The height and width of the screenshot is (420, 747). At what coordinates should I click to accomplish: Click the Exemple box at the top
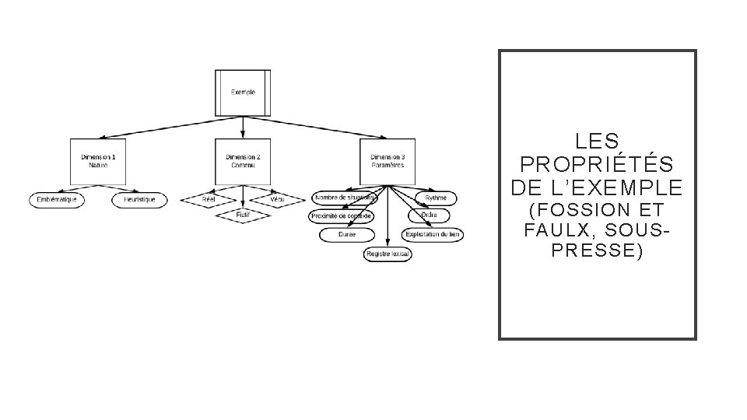(x=243, y=93)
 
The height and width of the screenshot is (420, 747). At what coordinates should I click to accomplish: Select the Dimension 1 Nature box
(x=98, y=161)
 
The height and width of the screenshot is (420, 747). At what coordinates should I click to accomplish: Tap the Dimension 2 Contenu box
(x=243, y=161)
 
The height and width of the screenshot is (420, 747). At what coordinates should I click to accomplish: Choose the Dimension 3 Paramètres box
(x=387, y=161)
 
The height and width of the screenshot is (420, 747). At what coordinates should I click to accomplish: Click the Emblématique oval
(x=58, y=200)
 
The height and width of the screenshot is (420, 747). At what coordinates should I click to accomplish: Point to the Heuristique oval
(x=139, y=200)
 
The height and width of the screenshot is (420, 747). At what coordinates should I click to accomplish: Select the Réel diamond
(x=209, y=200)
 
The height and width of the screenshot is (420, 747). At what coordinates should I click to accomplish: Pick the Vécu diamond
(x=278, y=200)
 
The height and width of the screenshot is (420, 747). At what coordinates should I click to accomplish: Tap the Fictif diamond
(x=243, y=215)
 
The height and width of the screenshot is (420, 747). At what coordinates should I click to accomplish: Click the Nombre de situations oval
(x=344, y=198)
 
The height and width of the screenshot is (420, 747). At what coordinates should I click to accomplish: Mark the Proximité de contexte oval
(x=342, y=215)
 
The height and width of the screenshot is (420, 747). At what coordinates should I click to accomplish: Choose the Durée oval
(x=347, y=234)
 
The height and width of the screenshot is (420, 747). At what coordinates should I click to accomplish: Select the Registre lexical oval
(x=388, y=254)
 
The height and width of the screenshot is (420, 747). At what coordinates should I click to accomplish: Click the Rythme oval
(x=436, y=198)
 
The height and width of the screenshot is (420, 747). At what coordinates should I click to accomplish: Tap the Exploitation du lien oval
(x=433, y=234)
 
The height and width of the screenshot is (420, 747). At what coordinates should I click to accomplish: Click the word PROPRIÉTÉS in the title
(x=597, y=165)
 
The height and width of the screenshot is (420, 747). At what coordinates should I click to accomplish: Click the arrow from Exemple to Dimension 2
(x=243, y=127)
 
